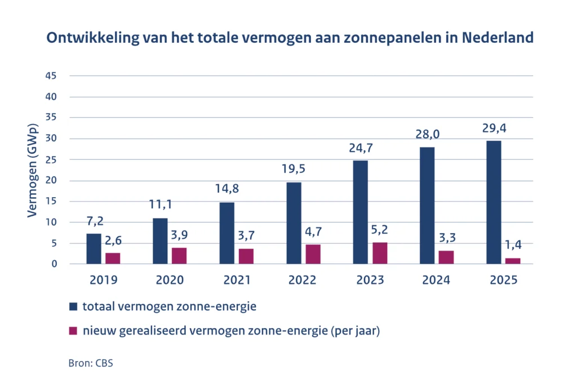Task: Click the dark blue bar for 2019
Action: pos(94,249)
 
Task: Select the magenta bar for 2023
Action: pos(380,253)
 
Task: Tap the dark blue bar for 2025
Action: pos(494,203)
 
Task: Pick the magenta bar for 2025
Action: pos(513,261)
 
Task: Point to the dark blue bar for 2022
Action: pos(294,223)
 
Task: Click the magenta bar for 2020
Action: pos(179,256)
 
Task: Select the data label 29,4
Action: pos(494,128)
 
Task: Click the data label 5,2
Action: pos(379,230)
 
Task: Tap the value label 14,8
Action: pos(227,189)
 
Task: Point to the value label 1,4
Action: pos(513,244)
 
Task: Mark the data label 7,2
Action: pos(95,221)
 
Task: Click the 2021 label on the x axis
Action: pos(237,280)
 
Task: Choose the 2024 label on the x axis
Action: pos(436,280)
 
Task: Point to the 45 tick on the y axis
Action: pos(51,75)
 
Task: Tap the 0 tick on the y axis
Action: pos(55,264)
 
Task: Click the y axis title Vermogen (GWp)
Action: pos(32,170)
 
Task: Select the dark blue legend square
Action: pos(73,306)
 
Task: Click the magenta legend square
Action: pos(73,331)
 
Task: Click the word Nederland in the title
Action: pos(498,38)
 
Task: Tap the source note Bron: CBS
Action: pos(91,363)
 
